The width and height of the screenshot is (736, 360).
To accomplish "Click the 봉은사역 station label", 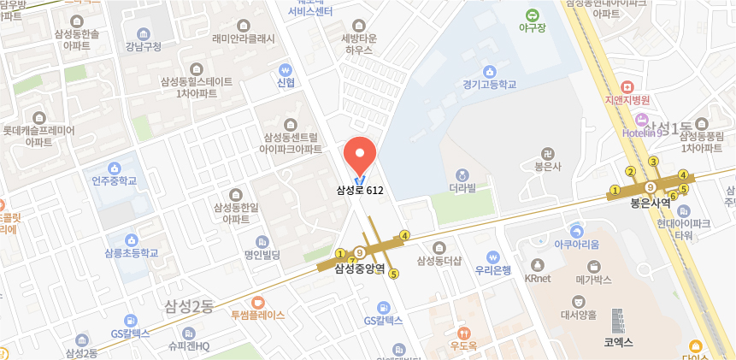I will [650, 204].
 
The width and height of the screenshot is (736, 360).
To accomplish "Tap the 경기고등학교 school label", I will [490, 86].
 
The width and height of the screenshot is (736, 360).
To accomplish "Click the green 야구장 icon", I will [533, 15].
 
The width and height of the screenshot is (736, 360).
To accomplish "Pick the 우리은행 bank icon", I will [493, 256].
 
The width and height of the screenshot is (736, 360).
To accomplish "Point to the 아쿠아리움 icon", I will [577, 231].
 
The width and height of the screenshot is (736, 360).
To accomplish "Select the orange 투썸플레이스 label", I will [257, 315].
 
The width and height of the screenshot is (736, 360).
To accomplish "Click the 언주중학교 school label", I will [115, 180].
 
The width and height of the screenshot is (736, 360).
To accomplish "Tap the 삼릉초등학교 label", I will [131, 253].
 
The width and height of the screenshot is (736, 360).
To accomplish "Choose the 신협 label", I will [286, 83].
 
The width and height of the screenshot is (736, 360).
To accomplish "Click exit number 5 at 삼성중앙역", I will [393, 274].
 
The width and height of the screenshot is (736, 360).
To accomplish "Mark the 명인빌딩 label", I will [262, 255].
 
